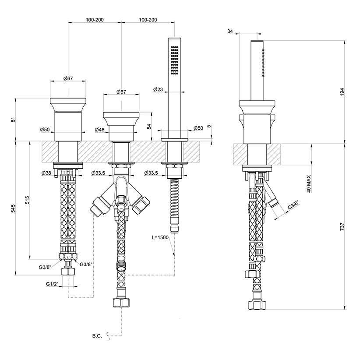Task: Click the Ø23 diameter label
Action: [x=158, y=89]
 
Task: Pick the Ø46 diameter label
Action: [x=99, y=130]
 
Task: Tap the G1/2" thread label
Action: [x=53, y=284]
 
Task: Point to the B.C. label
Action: [x=97, y=336]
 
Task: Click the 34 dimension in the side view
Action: [x=230, y=31]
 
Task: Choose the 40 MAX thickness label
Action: [x=309, y=184]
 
